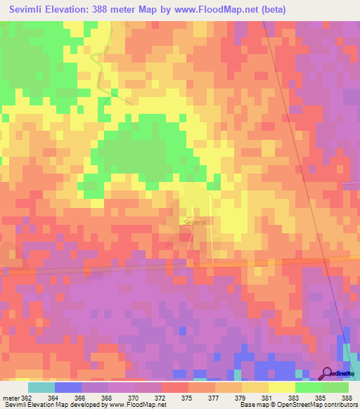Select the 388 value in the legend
coord(347,397)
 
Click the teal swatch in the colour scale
coord(41,387)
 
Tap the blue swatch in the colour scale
coord(68,387)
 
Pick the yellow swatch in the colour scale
coord(282,387)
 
